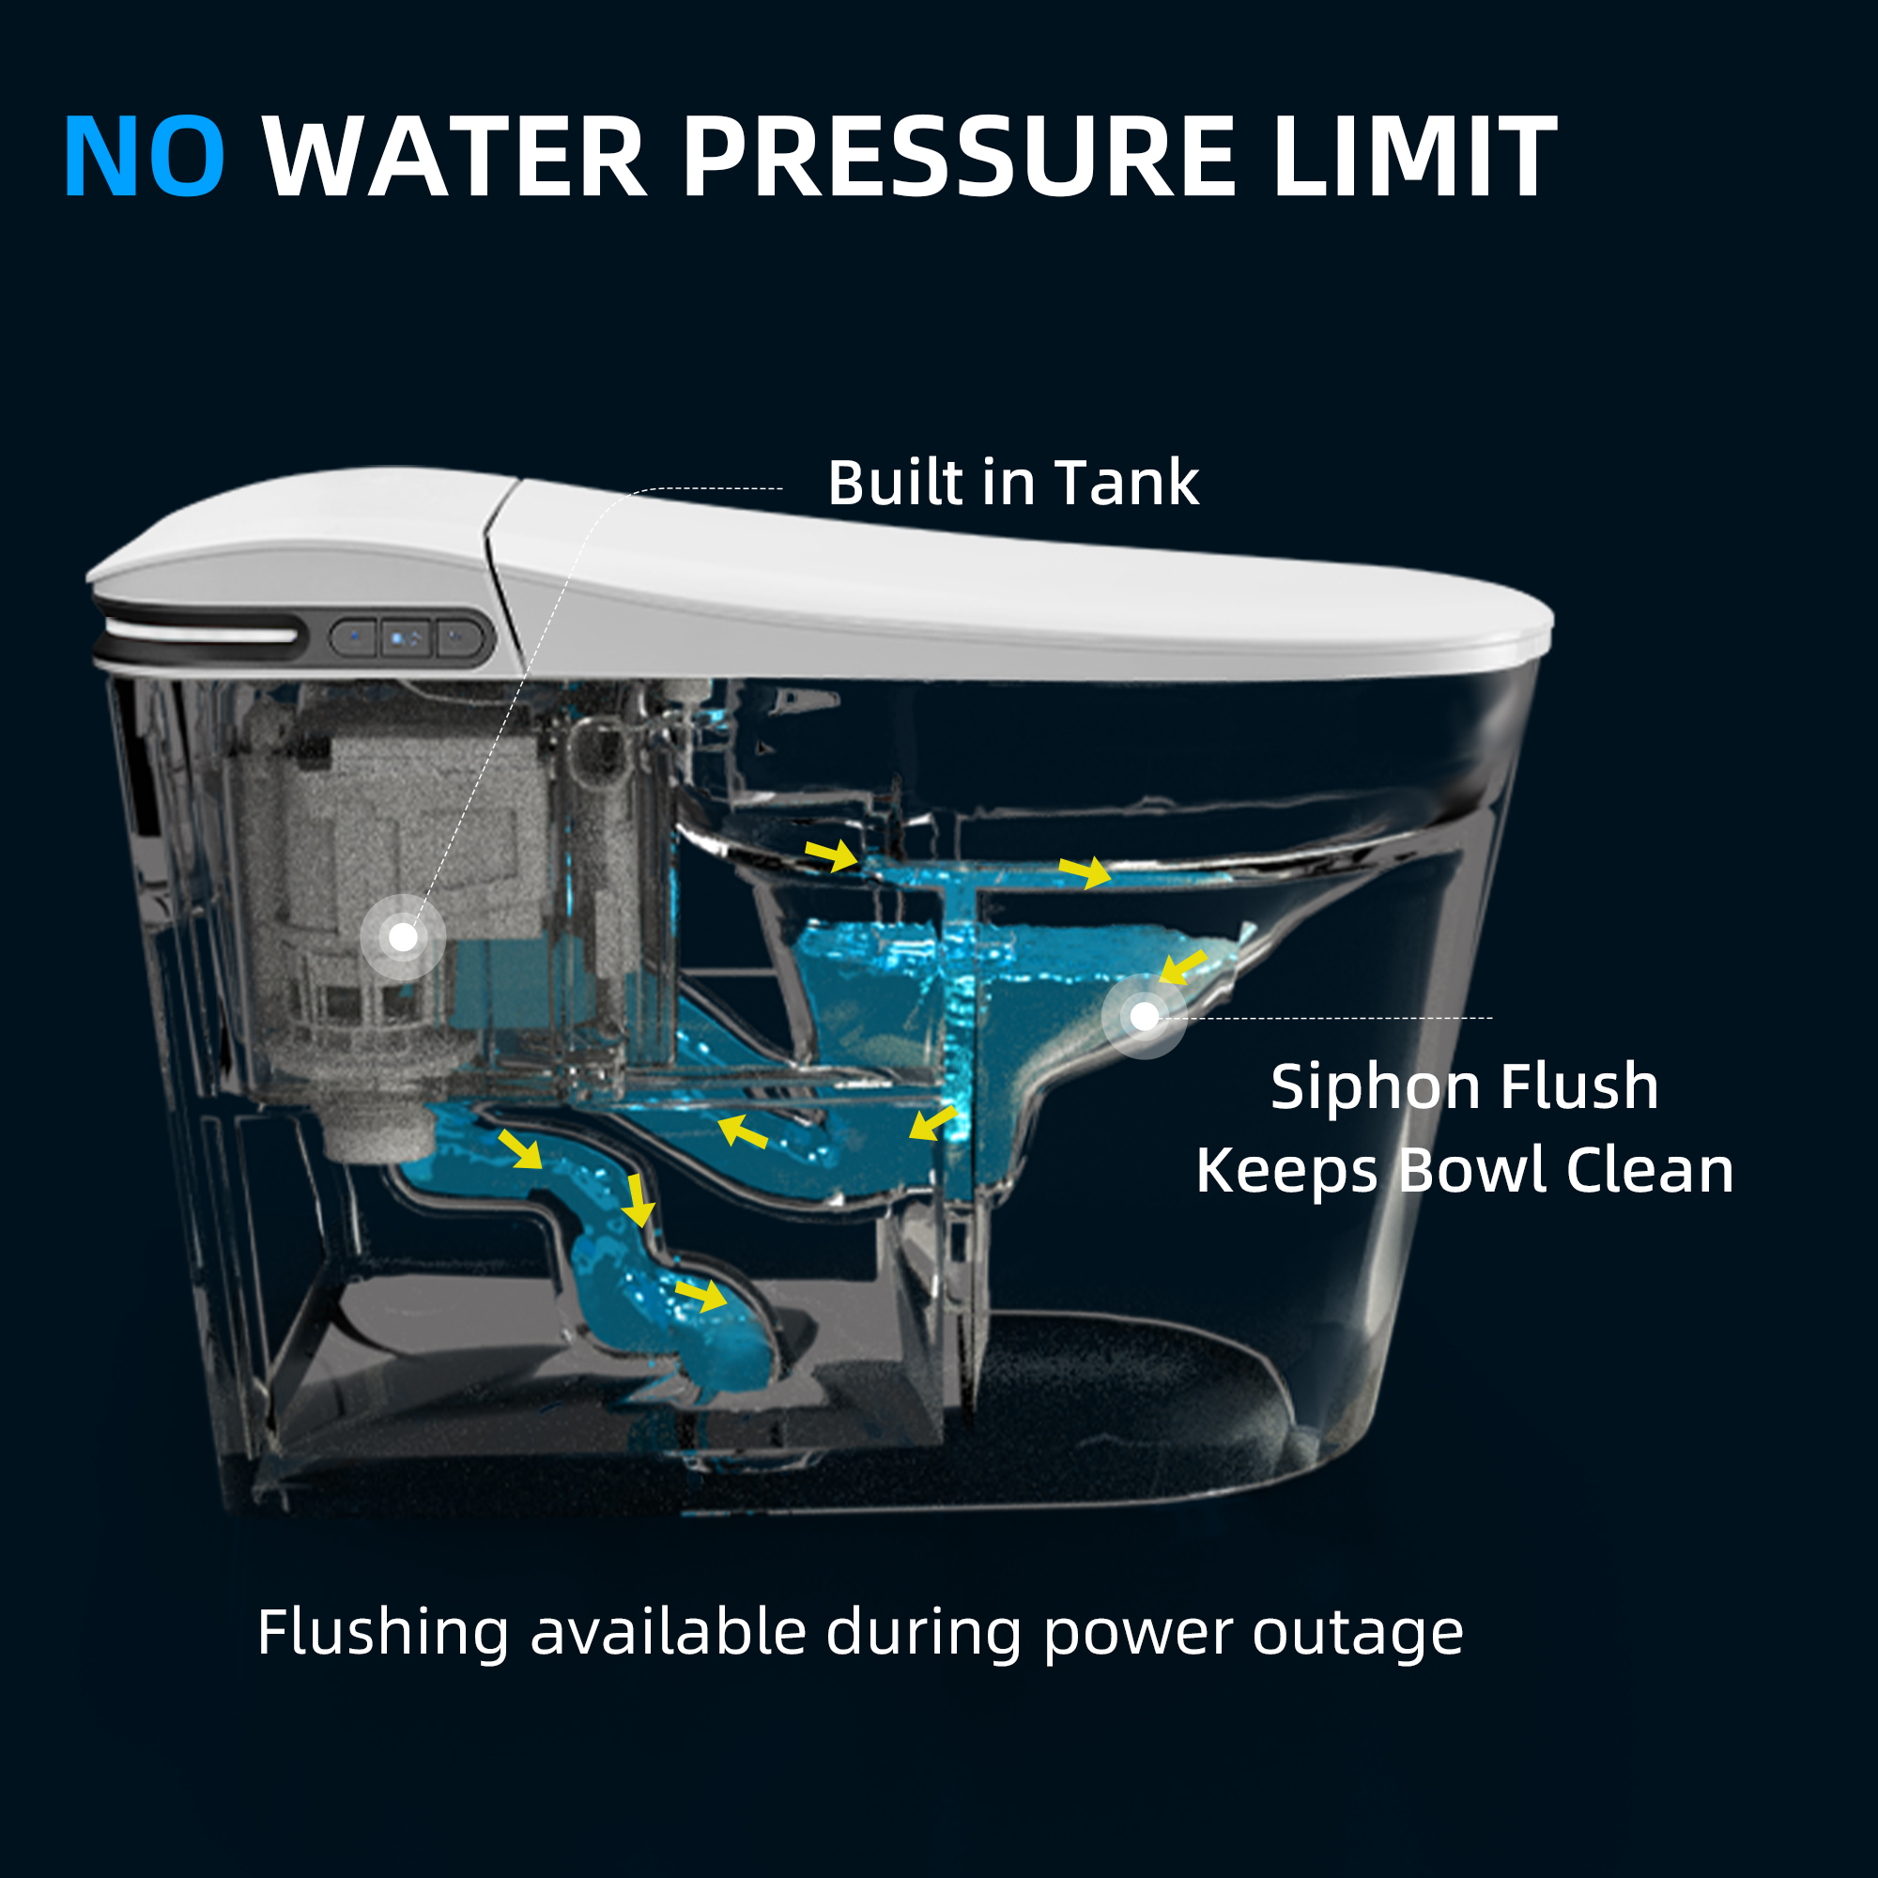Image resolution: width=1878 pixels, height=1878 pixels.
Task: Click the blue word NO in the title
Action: tap(145, 157)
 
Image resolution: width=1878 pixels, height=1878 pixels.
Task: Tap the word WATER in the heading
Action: tap(454, 157)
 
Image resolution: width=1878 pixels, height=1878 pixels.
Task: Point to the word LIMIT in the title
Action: tap(1415, 157)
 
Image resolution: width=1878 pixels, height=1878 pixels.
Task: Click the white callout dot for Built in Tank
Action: tap(404, 937)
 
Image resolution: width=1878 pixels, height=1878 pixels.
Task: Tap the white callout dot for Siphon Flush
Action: tap(1144, 1017)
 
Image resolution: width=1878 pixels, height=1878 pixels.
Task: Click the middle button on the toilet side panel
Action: tap(407, 639)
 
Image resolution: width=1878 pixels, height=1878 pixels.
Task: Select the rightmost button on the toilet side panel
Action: tap(459, 639)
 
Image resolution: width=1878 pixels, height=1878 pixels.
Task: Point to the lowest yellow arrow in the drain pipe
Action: tap(700, 1295)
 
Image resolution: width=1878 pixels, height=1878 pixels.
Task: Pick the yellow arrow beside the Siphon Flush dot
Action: tap(1182, 967)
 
